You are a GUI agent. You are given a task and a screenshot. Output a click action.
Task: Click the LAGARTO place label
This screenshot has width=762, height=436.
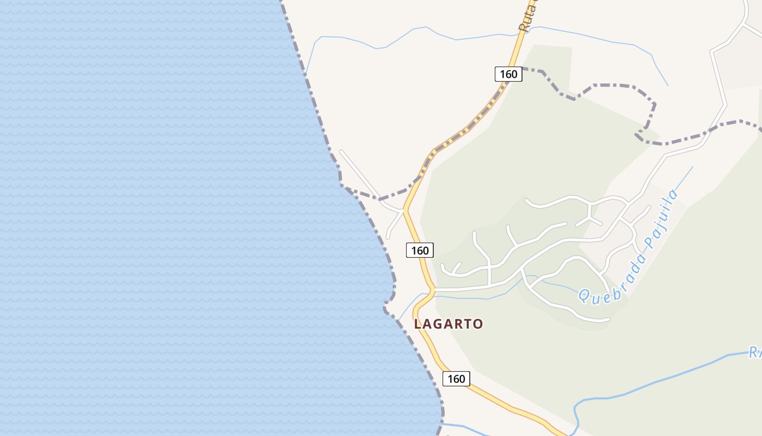(x=448, y=324)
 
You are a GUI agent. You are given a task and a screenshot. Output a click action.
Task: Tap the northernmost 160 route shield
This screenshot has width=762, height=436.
(x=508, y=74)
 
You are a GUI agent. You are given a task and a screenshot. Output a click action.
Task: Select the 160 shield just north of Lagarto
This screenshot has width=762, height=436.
(x=420, y=250)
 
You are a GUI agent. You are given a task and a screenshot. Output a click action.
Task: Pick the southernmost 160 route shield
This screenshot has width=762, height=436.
(x=456, y=379)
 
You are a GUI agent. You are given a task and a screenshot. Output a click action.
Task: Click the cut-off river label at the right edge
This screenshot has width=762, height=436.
(x=755, y=353)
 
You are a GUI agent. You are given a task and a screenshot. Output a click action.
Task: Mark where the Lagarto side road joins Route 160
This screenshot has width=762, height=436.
(x=434, y=290)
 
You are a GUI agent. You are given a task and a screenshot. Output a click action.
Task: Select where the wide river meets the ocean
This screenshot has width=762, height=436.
(x=442, y=423)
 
